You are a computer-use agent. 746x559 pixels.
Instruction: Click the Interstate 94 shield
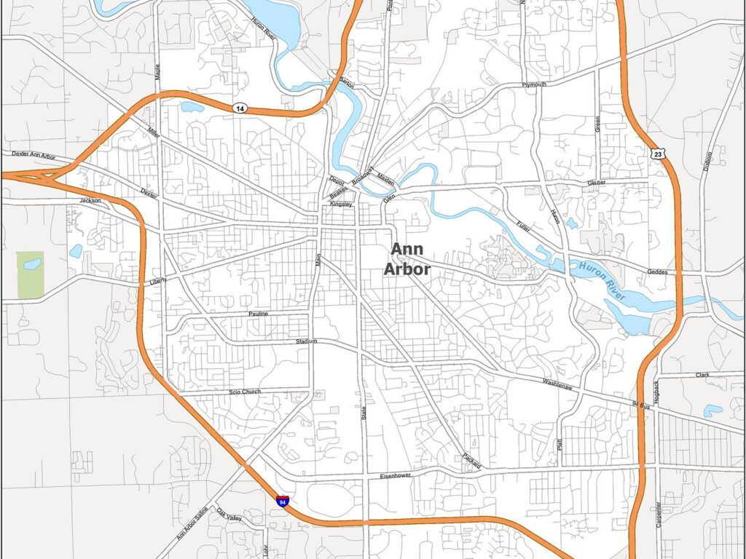pyautogui.click(x=283, y=501)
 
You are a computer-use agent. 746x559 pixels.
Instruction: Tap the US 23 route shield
pyautogui.click(x=658, y=153)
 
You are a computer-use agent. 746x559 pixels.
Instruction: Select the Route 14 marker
pyautogui.click(x=240, y=108)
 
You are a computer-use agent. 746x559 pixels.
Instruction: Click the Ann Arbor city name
pyautogui.click(x=407, y=259)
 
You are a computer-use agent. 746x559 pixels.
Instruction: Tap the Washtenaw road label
pyautogui.click(x=557, y=382)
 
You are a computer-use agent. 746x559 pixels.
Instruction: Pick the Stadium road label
pyautogui.click(x=307, y=341)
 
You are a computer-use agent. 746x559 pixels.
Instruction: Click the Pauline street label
pyautogui.click(x=258, y=314)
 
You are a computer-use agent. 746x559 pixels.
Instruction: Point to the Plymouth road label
pyautogui.click(x=534, y=85)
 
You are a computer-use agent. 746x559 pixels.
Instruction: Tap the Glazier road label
pyautogui.click(x=596, y=183)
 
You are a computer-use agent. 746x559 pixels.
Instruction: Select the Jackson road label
pyautogui.click(x=90, y=200)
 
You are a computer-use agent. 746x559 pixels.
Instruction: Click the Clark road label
pyautogui.click(x=702, y=375)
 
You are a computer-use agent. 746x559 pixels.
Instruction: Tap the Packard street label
pyautogui.click(x=471, y=460)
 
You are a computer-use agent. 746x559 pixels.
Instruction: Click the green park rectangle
pyautogui.click(x=30, y=274)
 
